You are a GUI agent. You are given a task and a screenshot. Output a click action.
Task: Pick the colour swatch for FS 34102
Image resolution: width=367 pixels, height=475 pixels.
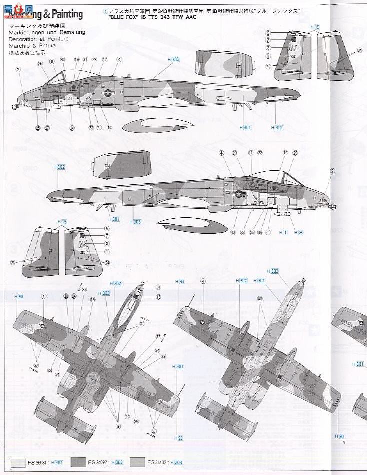pos(137,463)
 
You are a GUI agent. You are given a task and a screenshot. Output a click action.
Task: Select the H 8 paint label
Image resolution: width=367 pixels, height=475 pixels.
pos(298,232)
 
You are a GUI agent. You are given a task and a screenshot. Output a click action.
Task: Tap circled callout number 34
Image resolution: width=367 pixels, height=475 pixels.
pos(72,128)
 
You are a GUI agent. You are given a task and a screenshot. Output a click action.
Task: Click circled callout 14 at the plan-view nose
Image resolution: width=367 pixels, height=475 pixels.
pos(158,287)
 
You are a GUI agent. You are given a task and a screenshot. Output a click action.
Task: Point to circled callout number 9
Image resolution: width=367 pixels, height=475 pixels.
pos(118,426)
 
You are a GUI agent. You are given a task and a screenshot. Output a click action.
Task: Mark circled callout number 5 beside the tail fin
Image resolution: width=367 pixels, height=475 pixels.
pos(106,229)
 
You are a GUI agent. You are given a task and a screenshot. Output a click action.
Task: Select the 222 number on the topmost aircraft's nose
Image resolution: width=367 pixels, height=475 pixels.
pos(25,100)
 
